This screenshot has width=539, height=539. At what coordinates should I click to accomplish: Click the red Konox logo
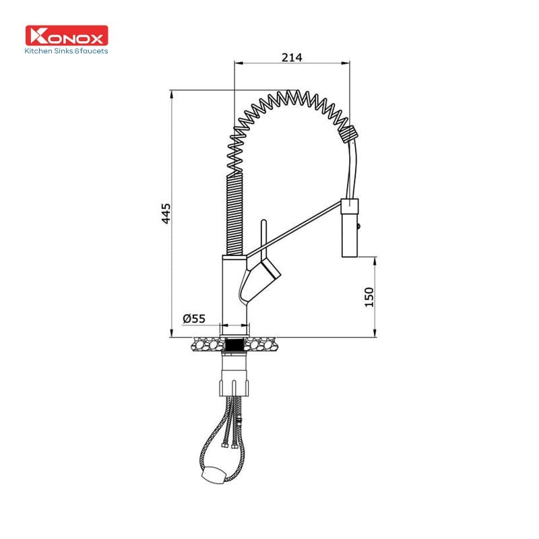tap(66, 35)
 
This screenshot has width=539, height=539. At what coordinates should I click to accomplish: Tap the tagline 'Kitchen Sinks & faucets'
tap(66, 51)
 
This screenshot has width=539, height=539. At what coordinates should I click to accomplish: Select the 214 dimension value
tap(291, 57)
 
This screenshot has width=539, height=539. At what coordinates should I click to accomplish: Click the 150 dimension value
tap(369, 296)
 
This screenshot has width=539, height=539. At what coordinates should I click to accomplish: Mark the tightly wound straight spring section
tap(231, 216)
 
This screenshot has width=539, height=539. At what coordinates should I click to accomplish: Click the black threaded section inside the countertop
tap(234, 345)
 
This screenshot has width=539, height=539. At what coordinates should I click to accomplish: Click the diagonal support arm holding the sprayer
tap(296, 229)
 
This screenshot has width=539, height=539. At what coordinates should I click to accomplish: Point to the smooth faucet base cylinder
tap(234, 290)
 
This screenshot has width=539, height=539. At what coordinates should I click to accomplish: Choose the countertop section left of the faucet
tap(205, 345)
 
